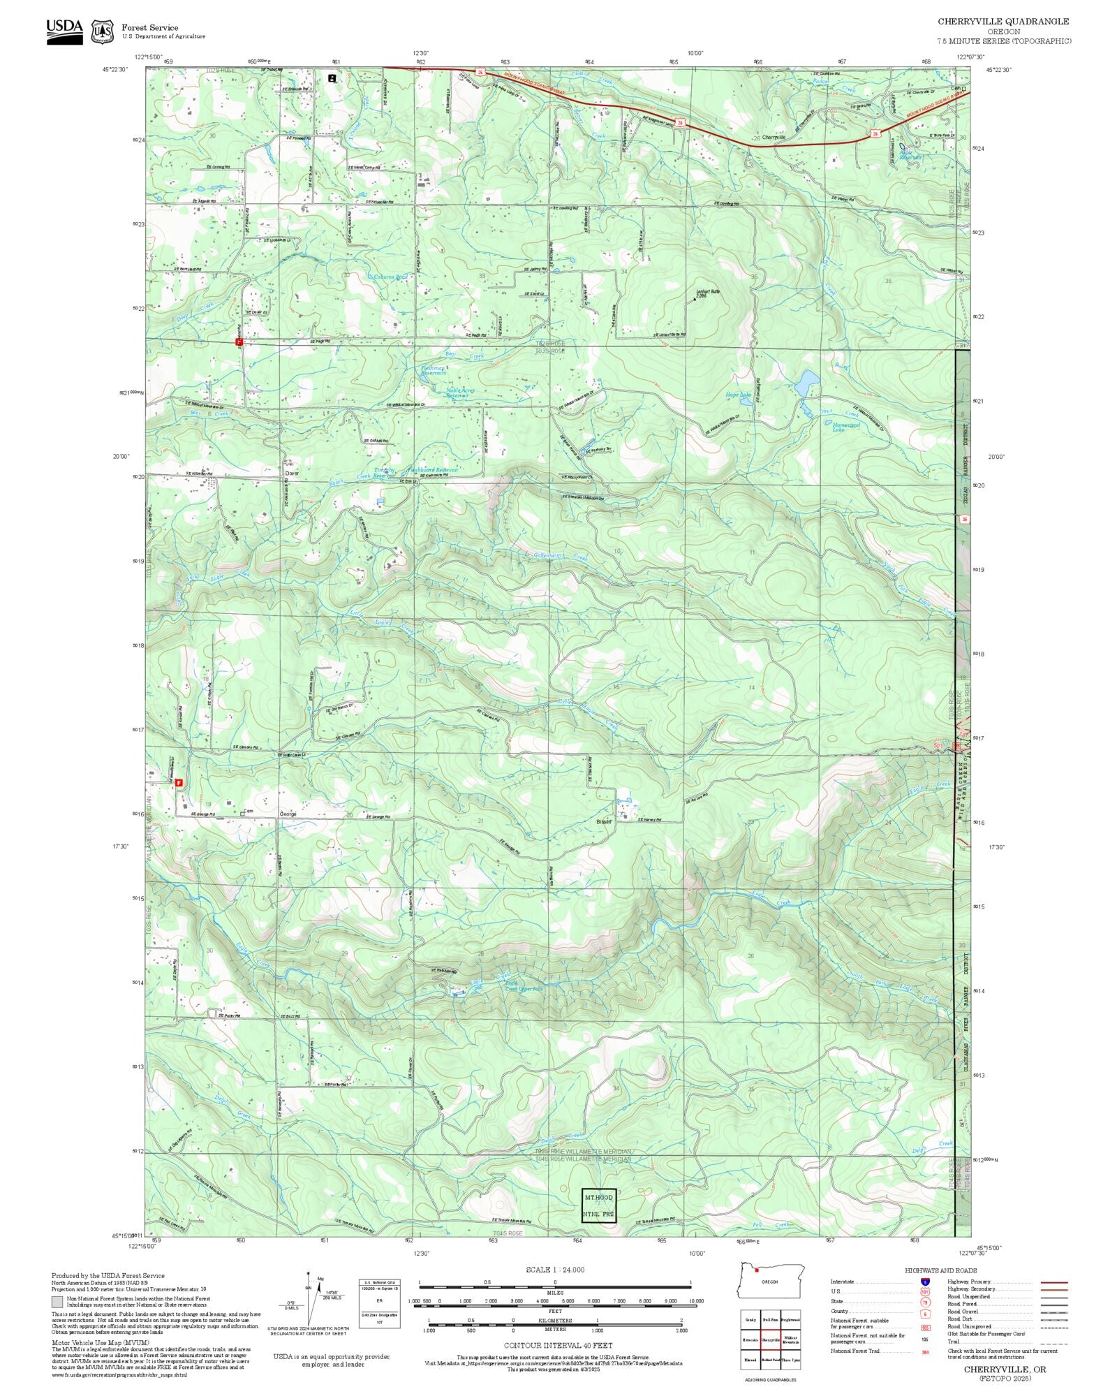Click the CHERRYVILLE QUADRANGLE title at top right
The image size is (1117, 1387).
point(1003,21)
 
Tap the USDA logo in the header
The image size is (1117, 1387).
point(64,31)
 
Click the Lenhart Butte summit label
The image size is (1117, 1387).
point(707,292)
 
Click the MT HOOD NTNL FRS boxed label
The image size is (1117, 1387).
point(599,1205)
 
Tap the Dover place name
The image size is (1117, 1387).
point(292,473)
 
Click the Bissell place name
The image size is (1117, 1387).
point(604,821)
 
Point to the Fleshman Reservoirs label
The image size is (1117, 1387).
point(433,370)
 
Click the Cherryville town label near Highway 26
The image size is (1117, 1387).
point(774,138)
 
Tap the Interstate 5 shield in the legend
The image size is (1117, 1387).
point(925,1282)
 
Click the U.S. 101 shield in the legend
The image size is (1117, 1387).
point(925,1292)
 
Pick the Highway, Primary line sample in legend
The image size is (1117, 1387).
point(1054,1282)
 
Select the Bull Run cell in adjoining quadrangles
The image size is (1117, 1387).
point(770,1320)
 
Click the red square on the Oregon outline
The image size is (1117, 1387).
point(756,1270)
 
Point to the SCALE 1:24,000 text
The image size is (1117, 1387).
point(555,1270)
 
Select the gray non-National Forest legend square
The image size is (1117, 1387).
point(57,1302)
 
